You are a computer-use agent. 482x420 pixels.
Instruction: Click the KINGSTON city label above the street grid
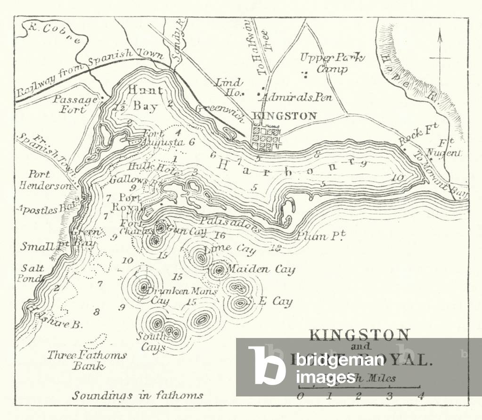click(x=284, y=116)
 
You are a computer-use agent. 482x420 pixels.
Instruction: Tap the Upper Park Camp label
click(x=333, y=63)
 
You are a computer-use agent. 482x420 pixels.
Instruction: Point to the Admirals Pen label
click(x=298, y=98)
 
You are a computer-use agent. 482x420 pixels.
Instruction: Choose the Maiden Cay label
click(x=261, y=269)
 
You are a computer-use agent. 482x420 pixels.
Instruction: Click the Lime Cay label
click(x=224, y=248)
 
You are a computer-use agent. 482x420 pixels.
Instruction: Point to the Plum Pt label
click(x=319, y=236)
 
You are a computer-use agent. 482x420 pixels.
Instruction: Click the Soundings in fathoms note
click(x=137, y=395)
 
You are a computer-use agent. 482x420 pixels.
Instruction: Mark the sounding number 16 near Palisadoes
click(x=220, y=235)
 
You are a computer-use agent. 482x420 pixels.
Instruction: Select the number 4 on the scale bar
click(x=420, y=396)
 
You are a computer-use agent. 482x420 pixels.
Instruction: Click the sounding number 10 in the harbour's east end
click(x=397, y=177)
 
